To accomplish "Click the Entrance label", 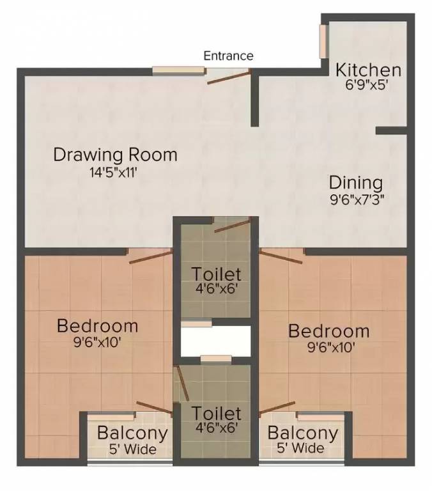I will (x=228, y=56).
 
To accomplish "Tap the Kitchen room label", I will (x=369, y=70).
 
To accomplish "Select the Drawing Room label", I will (x=115, y=155).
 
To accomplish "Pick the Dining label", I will (x=356, y=183).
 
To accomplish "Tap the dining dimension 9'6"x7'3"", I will (x=356, y=198).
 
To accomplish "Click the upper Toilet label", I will (x=217, y=274).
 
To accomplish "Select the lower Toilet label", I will (x=217, y=414).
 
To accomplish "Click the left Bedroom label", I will (x=97, y=325).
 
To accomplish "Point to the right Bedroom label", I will (x=328, y=331).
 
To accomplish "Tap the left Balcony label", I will (x=132, y=433).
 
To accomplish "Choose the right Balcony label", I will (x=302, y=433).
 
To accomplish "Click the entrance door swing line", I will (x=228, y=77).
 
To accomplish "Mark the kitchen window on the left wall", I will (x=324, y=42).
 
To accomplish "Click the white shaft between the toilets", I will (x=216, y=341).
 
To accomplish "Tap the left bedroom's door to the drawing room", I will (x=150, y=256).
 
